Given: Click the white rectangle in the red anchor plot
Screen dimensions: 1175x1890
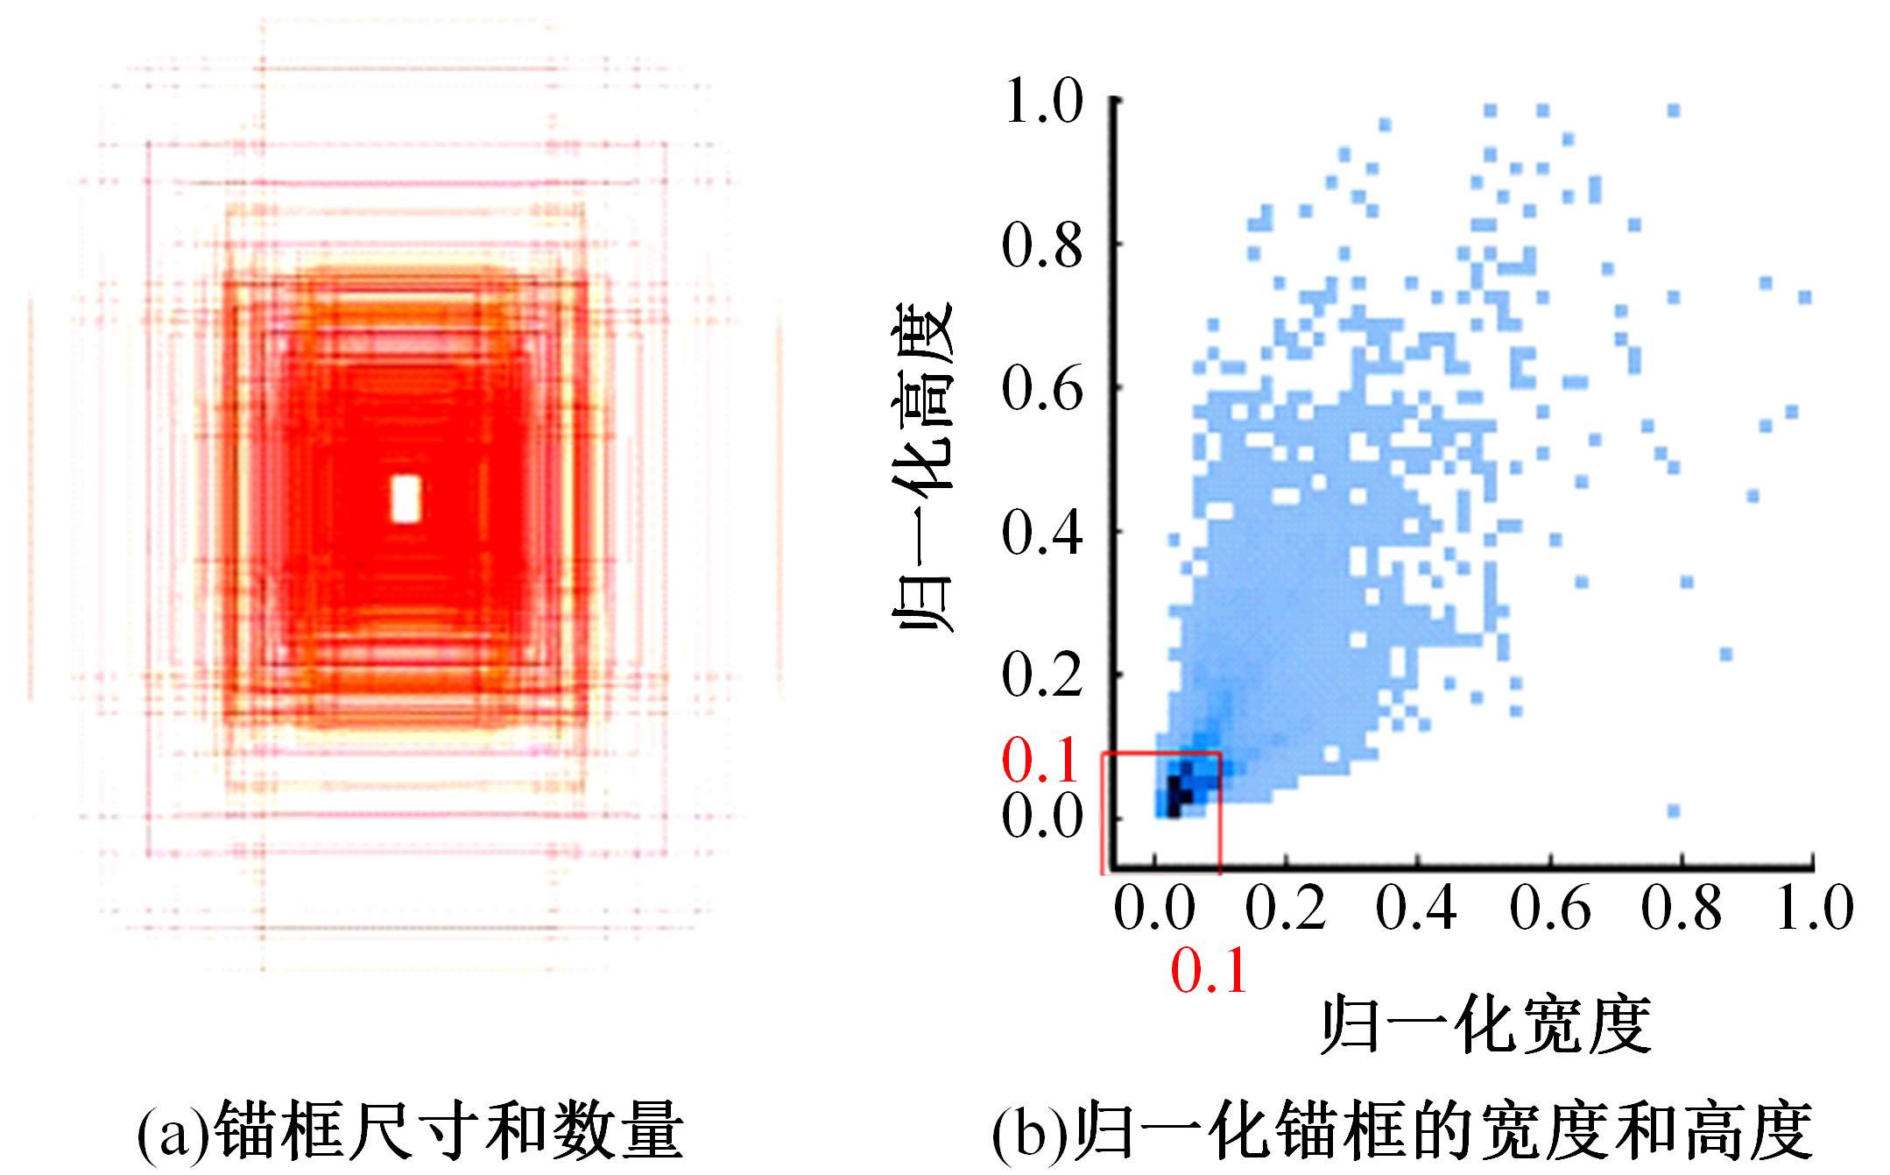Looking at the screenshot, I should click(405, 499).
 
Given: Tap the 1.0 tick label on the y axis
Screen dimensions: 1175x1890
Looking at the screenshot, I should click(1042, 103).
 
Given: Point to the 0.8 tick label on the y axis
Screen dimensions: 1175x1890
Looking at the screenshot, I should click(1042, 246).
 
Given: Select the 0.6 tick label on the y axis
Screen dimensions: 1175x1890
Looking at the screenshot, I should click(1042, 389).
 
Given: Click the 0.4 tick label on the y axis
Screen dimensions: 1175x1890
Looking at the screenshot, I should click(1042, 532).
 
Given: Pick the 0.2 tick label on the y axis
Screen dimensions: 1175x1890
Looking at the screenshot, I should click(1042, 675).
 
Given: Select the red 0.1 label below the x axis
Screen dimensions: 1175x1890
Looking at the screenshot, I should click(1209, 971).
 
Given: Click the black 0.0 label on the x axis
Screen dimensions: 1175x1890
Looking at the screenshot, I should click(1154, 908).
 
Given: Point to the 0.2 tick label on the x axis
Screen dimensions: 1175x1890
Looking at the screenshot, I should click(1286, 908).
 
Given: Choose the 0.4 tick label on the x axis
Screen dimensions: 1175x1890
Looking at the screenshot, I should click(1417, 908).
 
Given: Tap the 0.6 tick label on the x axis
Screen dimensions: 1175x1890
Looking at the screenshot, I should click(1550, 908).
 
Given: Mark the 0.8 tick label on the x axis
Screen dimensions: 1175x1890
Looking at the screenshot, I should click(1682, 908).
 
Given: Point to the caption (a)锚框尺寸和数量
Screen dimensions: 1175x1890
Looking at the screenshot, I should click(410, 1130).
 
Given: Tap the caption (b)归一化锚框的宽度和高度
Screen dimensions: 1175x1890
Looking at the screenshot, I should click(1401, 1130).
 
